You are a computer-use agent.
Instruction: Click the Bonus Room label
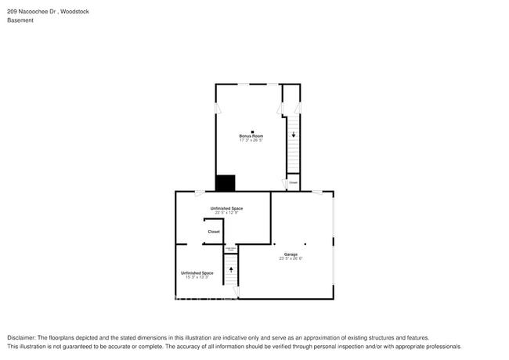(x=251, y=136)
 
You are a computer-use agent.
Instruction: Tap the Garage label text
(x=291, y=254)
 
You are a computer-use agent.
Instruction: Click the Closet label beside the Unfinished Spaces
(x=213, y=232)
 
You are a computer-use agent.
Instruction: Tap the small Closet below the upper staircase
(x=293, y=182)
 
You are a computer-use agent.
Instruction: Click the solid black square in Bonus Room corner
(x=225, y=183)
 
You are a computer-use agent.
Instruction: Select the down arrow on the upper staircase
(x=294, y=135)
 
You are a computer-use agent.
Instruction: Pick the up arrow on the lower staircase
(x=230, y=269)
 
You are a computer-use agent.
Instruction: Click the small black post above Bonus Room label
(x=251, y=131)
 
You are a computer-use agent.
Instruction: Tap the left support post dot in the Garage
(x=274, y=243)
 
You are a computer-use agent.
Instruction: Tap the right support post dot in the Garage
(x=305, y=243)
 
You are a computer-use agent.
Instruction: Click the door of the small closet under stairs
(x=284, y=184)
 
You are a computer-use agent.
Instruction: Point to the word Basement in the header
(x=20, y=20)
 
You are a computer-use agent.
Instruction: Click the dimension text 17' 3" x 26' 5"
(x=251, y=141)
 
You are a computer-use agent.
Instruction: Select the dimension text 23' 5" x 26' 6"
(x=291, y=259)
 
